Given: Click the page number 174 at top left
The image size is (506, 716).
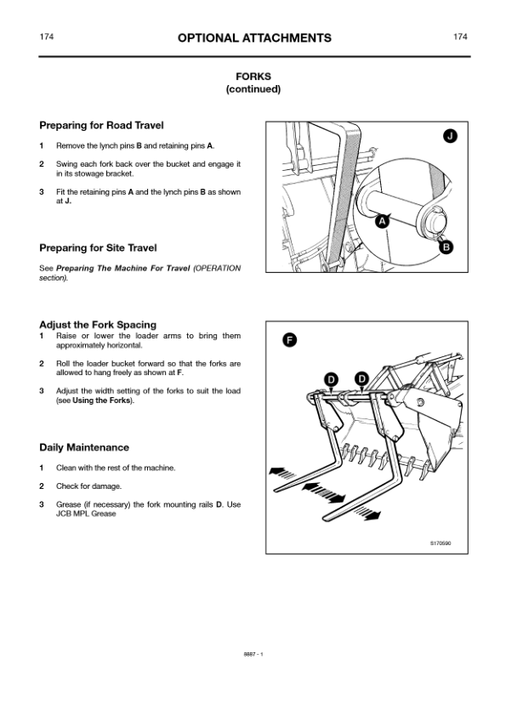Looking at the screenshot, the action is [x=46, y=37].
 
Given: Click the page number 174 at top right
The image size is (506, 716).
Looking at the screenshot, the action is [x=460, y=37].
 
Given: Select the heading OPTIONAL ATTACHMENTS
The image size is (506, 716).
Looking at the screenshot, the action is [x=254, y=38].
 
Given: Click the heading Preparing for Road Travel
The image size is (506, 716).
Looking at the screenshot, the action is [x=101, y=125].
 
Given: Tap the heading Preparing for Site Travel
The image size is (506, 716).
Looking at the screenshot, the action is [x=98, y=248].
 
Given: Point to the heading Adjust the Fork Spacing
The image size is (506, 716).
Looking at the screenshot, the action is [x=98, y=325].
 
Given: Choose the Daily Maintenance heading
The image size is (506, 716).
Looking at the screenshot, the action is [x=84, y=447].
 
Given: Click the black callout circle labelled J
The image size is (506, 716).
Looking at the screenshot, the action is [x=450, y=136].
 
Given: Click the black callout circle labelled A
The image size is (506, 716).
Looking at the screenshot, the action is [x=382, y=222].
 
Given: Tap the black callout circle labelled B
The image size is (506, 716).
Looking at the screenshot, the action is [x=446, y=247].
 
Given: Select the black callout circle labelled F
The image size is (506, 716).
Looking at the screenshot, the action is [x=289, y=340].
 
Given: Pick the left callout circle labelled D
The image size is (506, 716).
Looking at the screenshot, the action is [x=331, y=379].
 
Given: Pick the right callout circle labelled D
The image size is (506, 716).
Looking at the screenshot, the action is [x=361, y=378].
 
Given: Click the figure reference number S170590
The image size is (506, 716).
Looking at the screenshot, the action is [x=441, y=543].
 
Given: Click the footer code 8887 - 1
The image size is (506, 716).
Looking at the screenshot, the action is [x=253, y=654].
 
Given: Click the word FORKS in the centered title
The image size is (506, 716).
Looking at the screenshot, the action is [x=253, y=77].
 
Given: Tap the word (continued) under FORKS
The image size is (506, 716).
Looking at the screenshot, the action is [x=253, y=89].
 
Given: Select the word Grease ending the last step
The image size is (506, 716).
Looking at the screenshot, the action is [x=104, y=514].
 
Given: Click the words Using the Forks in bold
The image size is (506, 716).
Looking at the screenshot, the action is [x=101, y=401].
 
